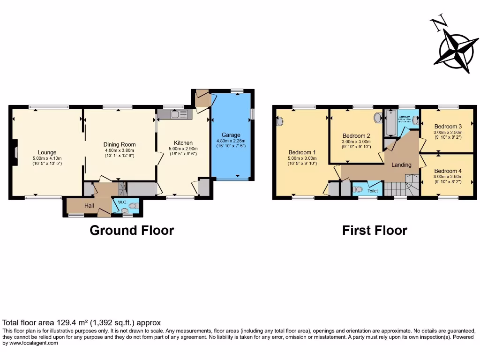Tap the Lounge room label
[47, 152]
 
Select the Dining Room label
[120, 145]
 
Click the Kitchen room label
[183, 143]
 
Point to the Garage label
[231, 135]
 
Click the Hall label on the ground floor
[90, 206]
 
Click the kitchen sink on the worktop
[175, 114]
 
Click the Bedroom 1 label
[302, 152]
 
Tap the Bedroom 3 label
[448, 127]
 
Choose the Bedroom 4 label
[448, 171]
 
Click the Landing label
[401, 165]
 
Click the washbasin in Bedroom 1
[280, 121]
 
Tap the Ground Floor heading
[132, 231]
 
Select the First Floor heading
[375, 231]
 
